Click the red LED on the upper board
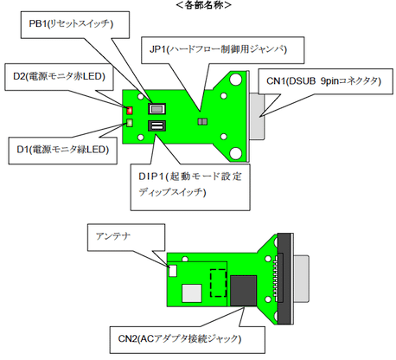pyautogui.click(x=130, y=110)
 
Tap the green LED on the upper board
pyautogui.click(x=130, y=123)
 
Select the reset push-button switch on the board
pyautogui.click(x=157, y=109)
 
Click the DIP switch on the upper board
pyautogui.click(x=157, y=125)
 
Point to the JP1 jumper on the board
pyautogui.click(x=202, y=121)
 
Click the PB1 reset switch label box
pyautogui.click(x=75, y=25)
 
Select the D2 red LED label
pyautogui.click(x=59, y=77)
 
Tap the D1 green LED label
pyautogui.click(x=62, y=151)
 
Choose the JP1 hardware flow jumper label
pyautogui.click(x=223, y=50)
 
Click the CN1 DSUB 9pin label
pyautogui.click(x=326, y=81)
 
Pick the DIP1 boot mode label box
pyautogui.click(x=190, y=187)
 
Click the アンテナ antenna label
pyautogui.click(x=126, y=237)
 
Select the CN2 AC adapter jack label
pyautogui.click(x=188, y=340)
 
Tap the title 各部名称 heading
pyautogui.click(x=203, y=5)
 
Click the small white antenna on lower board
pyautogui.click(x=173, y=271)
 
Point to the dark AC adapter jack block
pyautogui.click(x=244, y=291)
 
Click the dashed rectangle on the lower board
pyautogui.click(x=218, y=283)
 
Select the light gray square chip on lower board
pyautogui.click(x=192, y=293)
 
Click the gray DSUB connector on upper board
pyautogui.click(x=257, y=116)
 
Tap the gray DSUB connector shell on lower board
pyautogui.click(x=301, y=280)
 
